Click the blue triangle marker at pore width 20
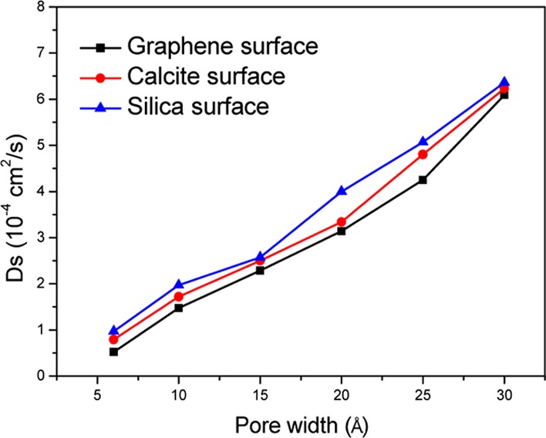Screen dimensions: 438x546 click(x=341, y=190)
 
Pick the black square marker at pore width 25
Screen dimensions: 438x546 click(x=423, y=180)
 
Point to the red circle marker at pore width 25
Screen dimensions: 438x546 click(x=423, y=154)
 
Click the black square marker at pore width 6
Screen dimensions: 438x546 click(x=113, y=352)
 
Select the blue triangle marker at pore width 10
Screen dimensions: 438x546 click(x=179, y=285)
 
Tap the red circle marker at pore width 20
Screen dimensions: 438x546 click(x=341, y=221)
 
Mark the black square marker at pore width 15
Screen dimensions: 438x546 click(x=260, y=270)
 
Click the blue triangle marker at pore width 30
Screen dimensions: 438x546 click(x=504, y=82)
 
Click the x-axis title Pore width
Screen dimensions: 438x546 click(x=301, y=425)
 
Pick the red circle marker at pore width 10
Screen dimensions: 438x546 click(x=179, y=296)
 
